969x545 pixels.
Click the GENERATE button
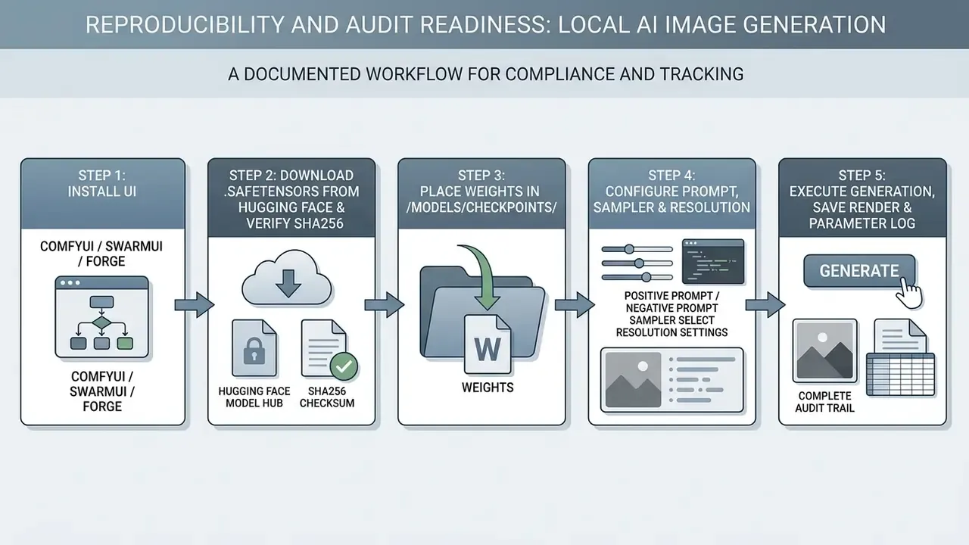[x=859, y=271]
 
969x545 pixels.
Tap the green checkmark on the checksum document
[x=344, y=367]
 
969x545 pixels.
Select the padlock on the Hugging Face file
[x=254, y=350]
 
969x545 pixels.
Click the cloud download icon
[x=287, y=277]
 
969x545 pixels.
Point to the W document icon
[x=488, y=344]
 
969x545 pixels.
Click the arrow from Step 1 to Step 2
[x=195, y=305]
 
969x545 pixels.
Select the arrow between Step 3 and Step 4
[x=575, y=305]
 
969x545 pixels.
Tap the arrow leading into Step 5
[x=765, y=305]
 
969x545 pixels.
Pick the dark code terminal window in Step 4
[x=713, y=261]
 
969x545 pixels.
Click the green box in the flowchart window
[x=125, y=344]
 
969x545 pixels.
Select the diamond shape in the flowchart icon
[x=101, y=322]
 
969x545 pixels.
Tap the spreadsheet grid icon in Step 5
[x=900, y=375]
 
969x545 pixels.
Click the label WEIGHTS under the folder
[x=488, y=387]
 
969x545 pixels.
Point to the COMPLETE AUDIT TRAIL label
[x=824, y=402]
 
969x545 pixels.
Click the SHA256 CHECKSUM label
[x=327, y=397]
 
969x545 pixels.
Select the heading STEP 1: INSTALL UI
[x=102, y=183]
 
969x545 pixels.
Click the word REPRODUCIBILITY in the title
[x=184, y=25]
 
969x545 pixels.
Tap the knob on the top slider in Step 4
[x=629, y=249]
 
